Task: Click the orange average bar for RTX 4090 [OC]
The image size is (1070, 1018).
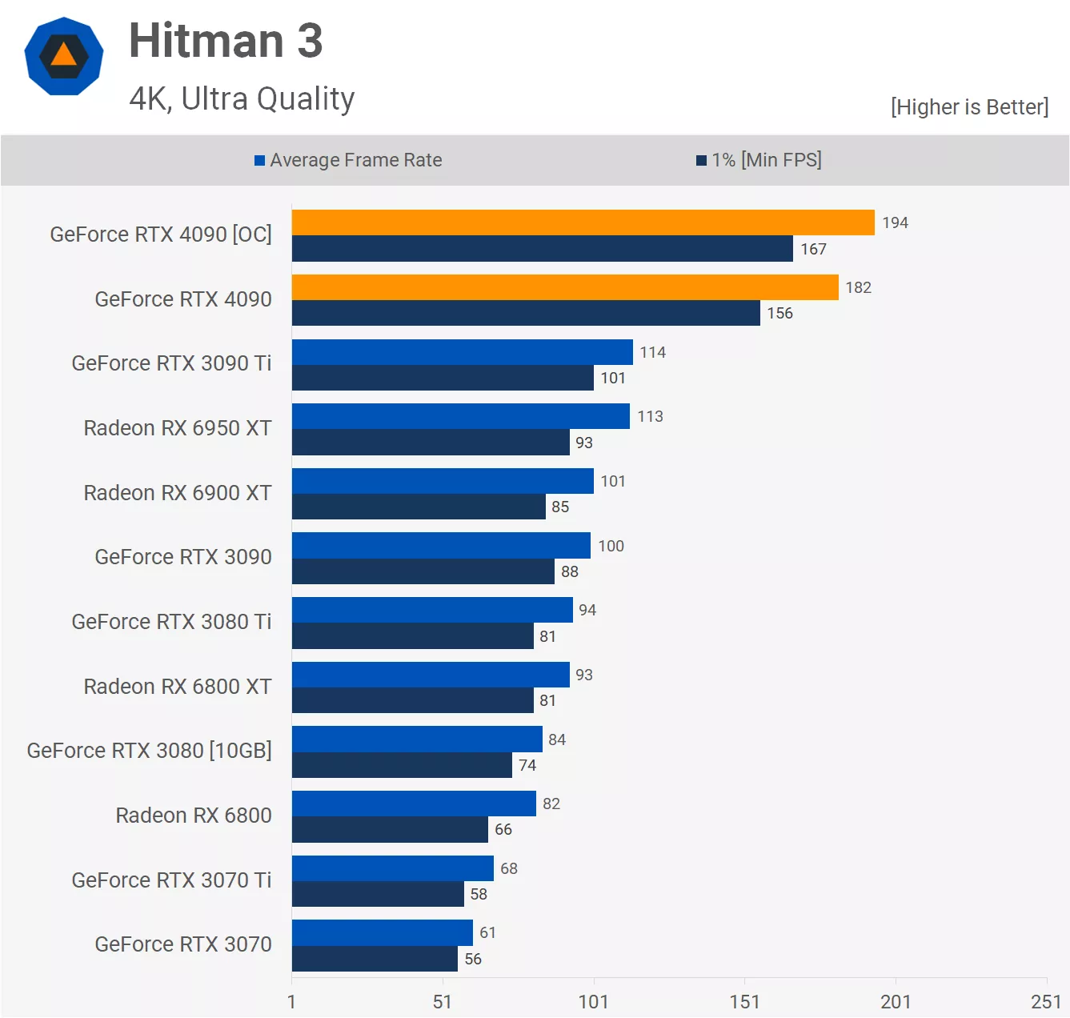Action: click(583, 222)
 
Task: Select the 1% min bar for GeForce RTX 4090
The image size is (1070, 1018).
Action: click(526, 313)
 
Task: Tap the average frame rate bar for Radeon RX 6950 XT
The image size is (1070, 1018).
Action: click(460, 416)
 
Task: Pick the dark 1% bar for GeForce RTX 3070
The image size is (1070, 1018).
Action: click(375, 959)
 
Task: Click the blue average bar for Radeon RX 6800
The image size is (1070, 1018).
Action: click(414, 804)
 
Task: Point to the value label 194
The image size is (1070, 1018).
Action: click(895, 222)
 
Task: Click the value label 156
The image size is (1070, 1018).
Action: click(779, 313)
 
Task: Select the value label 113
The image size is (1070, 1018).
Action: click(650, 416)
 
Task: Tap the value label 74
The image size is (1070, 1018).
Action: click(527, 765)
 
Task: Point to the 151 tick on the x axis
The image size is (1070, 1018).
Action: click(744, 1002)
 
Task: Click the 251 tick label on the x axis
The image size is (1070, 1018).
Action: click(1045, 1002)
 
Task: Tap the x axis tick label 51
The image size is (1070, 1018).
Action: click(443, 1002)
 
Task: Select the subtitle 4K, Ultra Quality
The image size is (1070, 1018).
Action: click(242, 98)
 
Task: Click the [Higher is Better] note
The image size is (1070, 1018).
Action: click(969, 106)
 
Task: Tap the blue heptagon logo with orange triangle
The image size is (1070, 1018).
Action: click(64, 56)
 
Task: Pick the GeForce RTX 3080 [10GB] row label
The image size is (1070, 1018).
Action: click(150, 751)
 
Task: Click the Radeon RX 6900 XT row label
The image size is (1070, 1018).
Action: click(178, 493)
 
